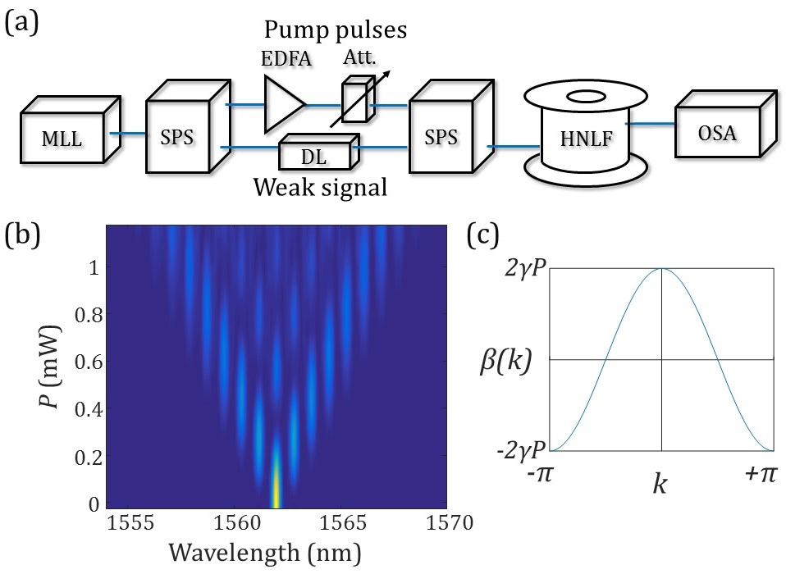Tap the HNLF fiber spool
pos(583,133)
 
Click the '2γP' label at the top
pos(520,268)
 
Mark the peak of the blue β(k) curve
pos(661,268)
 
